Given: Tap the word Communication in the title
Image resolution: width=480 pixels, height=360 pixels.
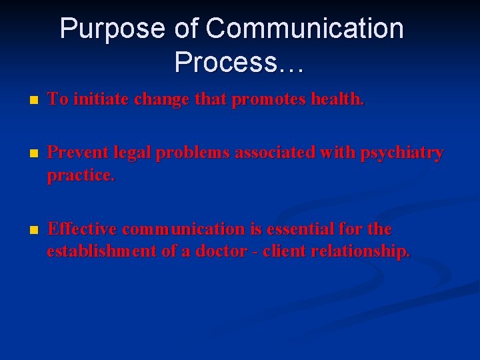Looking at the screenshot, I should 305,29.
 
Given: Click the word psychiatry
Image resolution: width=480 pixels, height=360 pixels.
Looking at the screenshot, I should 402,153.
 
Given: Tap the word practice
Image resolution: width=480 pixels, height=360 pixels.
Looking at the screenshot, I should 81,177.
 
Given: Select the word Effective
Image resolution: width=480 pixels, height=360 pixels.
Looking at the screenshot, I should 83,229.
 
